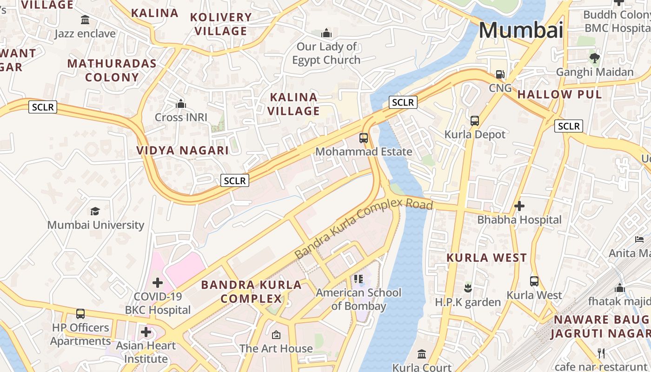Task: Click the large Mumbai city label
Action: [x=521, y=30]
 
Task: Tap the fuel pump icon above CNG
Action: [x=500, y=74]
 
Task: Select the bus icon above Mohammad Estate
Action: [x=364, y=138]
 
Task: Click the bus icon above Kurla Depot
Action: [x=474, y=121]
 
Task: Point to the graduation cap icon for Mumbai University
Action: [x=95, y=212]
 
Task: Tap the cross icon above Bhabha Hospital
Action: [x=519, y=206]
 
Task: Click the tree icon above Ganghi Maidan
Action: [x=594, y=58]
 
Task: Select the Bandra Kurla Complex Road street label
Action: [x=364, y=230]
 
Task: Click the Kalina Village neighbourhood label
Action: [x=294, y=104]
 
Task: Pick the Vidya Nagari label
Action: [x=182, y=150]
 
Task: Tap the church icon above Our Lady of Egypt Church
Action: [x=326, y=33]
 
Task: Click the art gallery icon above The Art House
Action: [x=276, y=335]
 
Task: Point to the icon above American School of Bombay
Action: [x=358, y=279]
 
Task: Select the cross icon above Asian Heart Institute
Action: [x=146, y=332]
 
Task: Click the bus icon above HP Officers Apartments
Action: [x=80, y=314]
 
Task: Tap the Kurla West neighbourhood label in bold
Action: [x=486, y=258]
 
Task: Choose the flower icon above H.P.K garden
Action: [x=468, y=288]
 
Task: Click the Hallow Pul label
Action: [x=559, y=94]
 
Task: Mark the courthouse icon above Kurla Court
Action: [x=422, y=354]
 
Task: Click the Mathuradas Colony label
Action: [x=112, y=70]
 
